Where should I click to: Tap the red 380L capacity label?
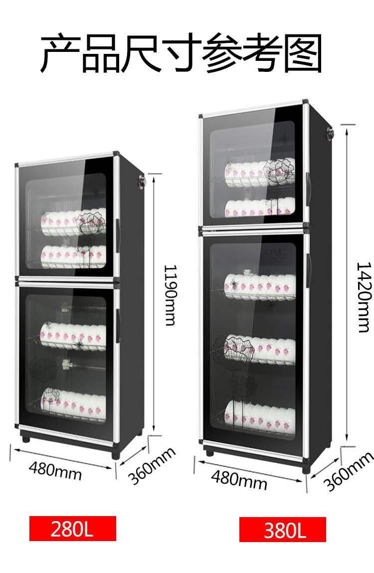(x=282, y=530)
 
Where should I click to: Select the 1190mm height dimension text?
(x=170, y=294)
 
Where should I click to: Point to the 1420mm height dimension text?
(x=364, y=297)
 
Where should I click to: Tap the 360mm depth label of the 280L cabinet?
(x=152, y=466)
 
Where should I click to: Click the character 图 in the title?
(x=300, y=54)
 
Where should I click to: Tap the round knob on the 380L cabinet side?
(x=330, y=133)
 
